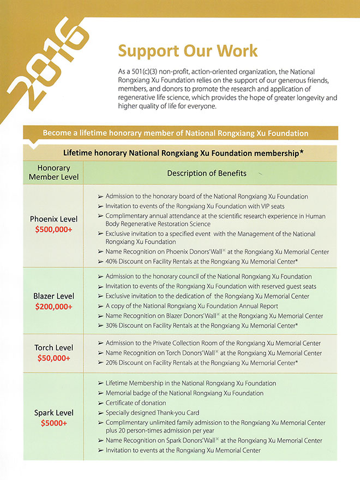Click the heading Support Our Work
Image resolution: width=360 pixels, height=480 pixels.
[x=188, y=51]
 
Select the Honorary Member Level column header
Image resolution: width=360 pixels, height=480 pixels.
[x=54, y=173]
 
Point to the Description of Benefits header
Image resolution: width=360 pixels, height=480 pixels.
[x=207, y=173]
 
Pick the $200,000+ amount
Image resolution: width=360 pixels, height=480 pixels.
[x=54, y=306]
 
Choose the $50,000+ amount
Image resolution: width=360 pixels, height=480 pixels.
[x=54, y=358]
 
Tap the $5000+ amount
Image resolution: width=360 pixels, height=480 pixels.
[x=54, y=423]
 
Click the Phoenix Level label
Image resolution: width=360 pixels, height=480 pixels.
[x=54, y=219]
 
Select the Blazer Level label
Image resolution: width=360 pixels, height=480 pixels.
[x=54, y=296]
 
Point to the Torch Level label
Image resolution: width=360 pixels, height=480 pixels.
[x=54, y=348]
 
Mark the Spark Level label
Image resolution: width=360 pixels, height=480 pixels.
[x=54, y=413]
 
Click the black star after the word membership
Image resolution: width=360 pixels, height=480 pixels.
[x=302, y=153]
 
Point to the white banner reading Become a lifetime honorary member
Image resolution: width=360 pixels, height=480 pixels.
[x=175, y=133]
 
